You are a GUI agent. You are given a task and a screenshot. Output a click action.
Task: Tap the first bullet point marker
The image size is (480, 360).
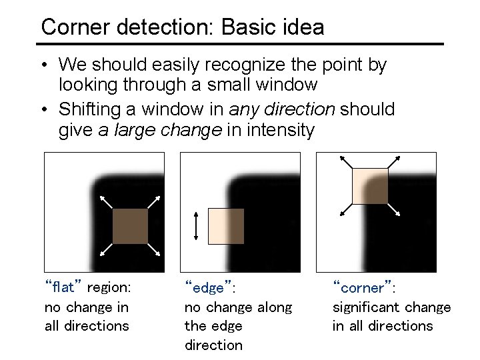point(43,65)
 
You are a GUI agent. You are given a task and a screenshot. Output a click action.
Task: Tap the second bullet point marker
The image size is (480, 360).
point(43,109)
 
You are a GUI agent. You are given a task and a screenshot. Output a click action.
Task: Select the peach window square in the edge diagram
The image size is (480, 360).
point(227,225)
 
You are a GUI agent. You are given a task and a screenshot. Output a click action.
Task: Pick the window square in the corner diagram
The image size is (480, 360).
point(370,186)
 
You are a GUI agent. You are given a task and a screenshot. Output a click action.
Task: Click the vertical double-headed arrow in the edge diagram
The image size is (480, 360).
point(195,226)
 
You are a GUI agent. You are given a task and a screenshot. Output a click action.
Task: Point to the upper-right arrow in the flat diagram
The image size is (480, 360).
point(154,201)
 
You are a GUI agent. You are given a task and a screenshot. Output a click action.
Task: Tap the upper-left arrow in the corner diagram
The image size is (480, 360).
point(345,162)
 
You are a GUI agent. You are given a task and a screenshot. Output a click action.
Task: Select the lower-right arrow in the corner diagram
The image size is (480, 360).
point(394,209)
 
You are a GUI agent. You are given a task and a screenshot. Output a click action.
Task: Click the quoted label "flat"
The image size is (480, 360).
point(63,288)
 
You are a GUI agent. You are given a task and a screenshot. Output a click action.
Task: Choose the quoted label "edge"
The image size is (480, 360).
point(208,288)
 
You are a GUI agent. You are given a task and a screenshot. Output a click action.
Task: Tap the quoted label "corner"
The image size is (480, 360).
point(361,288)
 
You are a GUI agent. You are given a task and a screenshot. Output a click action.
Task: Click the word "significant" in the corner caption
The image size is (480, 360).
point(365,307)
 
